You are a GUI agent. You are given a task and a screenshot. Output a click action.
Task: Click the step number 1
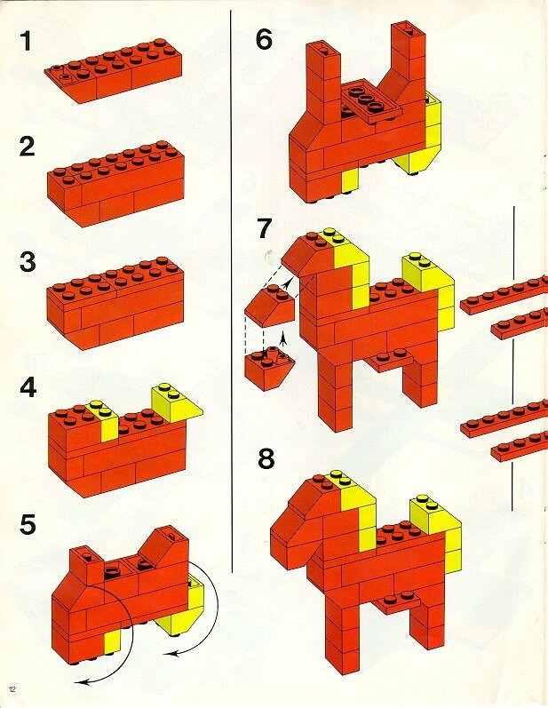(x=27, y=41)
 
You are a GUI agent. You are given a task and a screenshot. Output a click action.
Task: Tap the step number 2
(x=27, y=147)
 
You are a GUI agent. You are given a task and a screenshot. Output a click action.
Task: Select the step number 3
(x=28, y=261)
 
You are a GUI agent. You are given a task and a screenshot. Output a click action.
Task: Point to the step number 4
(x=28, y=387)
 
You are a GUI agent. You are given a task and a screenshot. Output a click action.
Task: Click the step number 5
(x=28, y=525)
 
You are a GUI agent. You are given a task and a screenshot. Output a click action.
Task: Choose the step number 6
(x=264, y=39)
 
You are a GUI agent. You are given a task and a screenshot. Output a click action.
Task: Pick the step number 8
(x=266, y=459)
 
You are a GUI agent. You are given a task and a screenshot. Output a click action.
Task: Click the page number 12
(x=12, y=689)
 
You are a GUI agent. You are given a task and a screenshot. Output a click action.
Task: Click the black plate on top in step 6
(x=369, y=103)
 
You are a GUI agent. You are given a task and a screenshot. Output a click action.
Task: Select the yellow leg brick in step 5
(x=113, y=642)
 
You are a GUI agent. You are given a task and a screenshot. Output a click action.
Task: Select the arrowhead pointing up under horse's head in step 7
(x=283, y=338)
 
